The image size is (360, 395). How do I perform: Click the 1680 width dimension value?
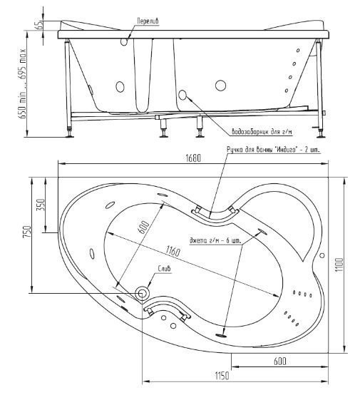click(193, 158)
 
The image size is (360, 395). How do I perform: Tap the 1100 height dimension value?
click(340, 265)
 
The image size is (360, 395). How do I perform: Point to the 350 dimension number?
click(41, 205)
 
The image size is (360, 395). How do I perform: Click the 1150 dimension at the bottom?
click(222, 376)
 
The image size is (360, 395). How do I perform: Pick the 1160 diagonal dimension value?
click(173, 252)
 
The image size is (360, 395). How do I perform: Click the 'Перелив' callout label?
click(148, 21)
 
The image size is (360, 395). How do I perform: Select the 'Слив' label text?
click(164, 269)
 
